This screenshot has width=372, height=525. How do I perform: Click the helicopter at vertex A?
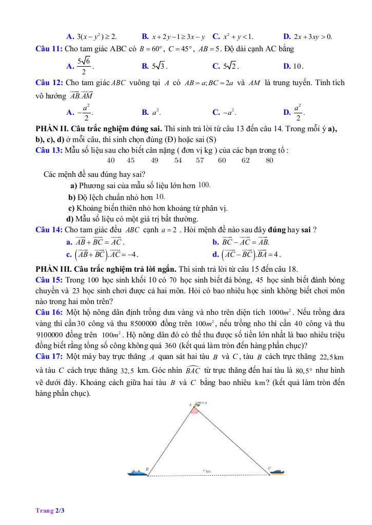coord(198,405)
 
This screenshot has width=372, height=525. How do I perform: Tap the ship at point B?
coord(136,472)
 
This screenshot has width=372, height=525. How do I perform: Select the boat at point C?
coord(277,471)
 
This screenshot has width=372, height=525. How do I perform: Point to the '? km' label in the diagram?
coord(207,471)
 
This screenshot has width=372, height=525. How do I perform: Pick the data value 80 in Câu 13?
coord(269,160)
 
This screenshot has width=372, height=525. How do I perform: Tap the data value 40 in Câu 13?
coord(110,160)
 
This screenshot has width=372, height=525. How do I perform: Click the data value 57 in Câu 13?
coord(200,160)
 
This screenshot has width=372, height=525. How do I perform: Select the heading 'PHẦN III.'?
coord(58,269)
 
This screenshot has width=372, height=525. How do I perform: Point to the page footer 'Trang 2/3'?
coord(50,510)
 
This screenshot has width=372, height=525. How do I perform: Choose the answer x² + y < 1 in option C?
coord(238,36)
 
